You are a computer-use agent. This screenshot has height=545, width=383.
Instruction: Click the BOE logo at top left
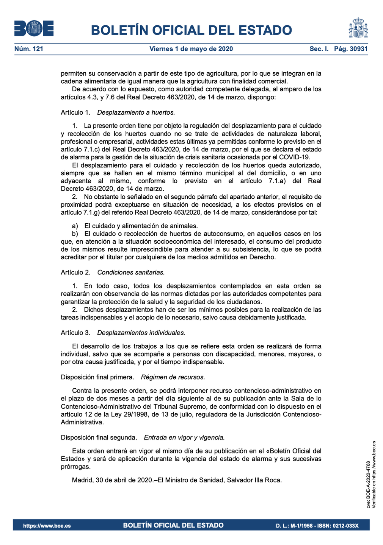[x=34, y=28]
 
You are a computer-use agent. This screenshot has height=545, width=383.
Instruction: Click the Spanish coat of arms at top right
[x=358, y=28]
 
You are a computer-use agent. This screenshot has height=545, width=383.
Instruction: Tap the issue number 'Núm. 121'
[x=29, y=49]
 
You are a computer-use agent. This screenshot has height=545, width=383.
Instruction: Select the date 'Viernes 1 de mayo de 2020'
[x=191, y=49]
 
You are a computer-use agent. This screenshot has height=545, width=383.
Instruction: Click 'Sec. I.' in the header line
[x=319, y=49]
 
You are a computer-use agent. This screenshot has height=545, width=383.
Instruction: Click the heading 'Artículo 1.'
[x=76, y=112]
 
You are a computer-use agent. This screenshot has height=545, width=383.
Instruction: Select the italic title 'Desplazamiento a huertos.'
[x=136, y=112]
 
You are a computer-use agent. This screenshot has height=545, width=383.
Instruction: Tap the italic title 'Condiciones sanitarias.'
[x=131, y=272]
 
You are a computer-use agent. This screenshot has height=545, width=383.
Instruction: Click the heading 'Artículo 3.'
[x=76, y=333]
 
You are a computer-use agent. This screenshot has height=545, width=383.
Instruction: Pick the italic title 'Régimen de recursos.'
[x=173, y=377]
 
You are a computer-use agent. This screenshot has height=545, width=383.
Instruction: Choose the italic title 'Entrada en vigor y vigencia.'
[x=184, y=438]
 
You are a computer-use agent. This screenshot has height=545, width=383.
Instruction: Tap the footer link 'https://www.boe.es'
[x=47, y=526]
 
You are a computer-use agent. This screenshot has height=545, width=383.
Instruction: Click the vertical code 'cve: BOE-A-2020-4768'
[x=368, y=485]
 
